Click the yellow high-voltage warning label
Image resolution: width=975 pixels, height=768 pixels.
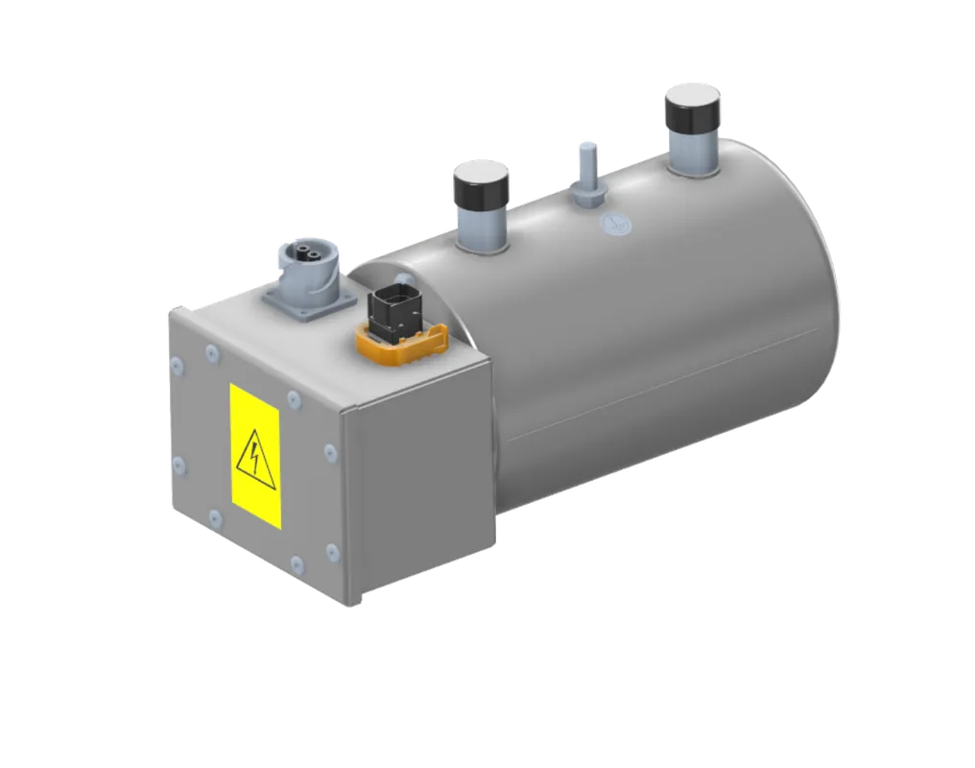click(x=255, y=455)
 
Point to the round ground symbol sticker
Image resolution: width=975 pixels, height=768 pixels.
click(x=611, y=225)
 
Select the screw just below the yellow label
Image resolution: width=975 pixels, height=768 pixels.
click(x=215, y=519)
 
